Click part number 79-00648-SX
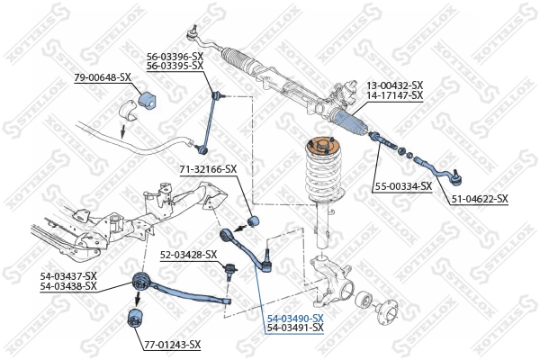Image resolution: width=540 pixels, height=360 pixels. click(x=103, y=79)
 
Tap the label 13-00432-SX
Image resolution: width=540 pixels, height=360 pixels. click(x=394, y=85)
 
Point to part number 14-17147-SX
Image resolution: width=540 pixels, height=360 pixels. click(x=394, y=94)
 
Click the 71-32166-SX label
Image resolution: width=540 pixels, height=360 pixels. click(x=208, y=168)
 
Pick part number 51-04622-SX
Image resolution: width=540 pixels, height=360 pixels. click(x=479, y=198)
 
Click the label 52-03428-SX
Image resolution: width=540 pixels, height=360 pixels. click(x=189, y=255)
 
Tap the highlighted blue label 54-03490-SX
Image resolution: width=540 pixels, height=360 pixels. click(x=294, y=319)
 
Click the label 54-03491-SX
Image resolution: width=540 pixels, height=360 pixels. click(x=294, y=328)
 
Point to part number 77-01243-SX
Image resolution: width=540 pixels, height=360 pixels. click(x=172, y=345)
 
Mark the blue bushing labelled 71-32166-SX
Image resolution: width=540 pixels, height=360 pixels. click(x=253, y=220)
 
